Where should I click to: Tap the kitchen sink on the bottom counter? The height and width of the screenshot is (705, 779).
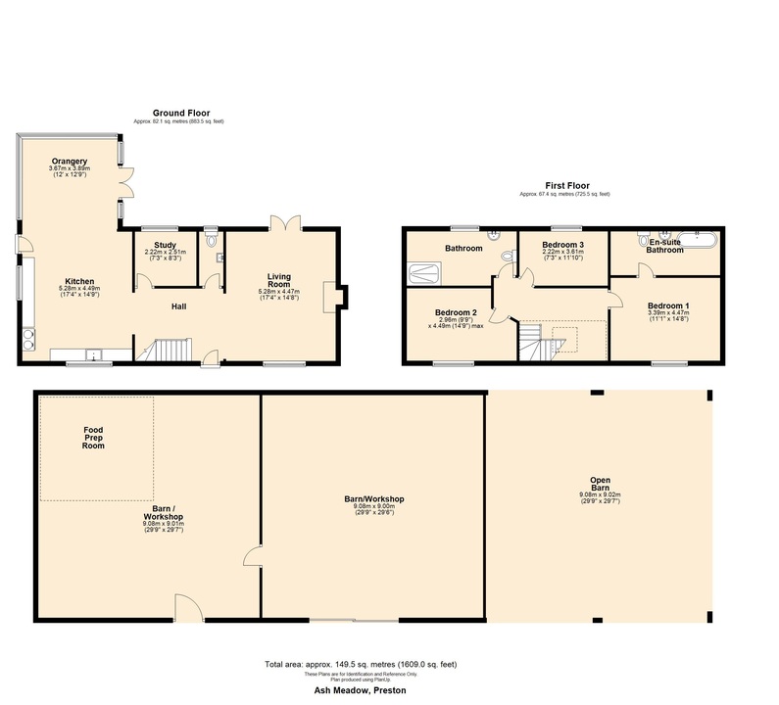[94, 354]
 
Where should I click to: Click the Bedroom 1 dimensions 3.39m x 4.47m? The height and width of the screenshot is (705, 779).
[667, 313]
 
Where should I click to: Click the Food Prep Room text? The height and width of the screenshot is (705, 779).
[94, 437]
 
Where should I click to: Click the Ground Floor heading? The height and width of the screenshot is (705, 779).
[180, 114]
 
